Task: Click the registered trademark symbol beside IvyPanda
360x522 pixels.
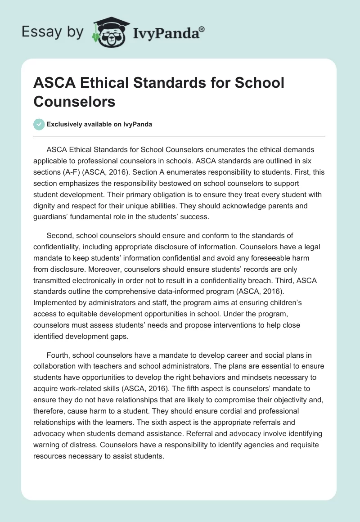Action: pyautogui.click(x=202, y=29)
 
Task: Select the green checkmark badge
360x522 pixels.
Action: pyautogui.click(x=39, y=124)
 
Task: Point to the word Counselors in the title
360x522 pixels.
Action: pyautogui.click(x=74, y=101)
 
